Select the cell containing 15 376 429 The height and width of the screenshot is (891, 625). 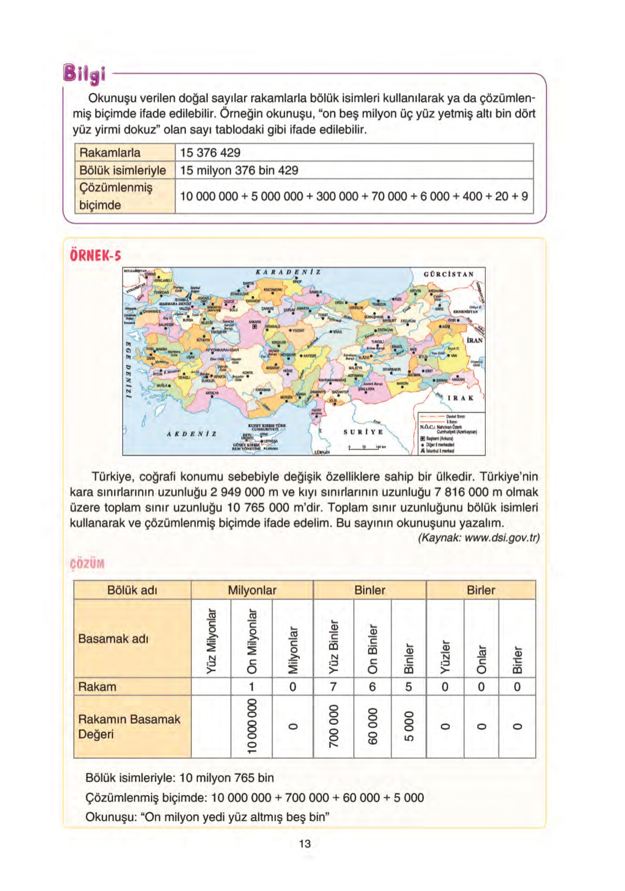point(210,153)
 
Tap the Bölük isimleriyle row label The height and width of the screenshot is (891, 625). point(123,170)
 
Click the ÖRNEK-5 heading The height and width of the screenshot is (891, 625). point(96,256)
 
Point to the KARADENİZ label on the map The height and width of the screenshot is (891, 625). point(288,272)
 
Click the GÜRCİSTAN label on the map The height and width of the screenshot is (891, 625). point(449,274)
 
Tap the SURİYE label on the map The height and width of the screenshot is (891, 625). point(363,432)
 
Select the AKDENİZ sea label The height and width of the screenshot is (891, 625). point(192,434)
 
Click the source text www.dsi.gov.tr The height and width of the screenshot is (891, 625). point(479,538)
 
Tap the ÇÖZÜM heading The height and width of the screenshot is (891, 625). point(87,564)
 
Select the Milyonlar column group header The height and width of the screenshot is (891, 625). point(252,590)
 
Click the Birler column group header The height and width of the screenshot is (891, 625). point(481,590)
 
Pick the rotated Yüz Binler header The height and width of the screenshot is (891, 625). point(333,647)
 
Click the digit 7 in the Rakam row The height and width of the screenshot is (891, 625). point(333,687)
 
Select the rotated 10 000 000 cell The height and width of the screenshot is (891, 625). point(251,726)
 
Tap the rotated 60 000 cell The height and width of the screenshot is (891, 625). point(372,726)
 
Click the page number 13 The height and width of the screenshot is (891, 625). point(305,844)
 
